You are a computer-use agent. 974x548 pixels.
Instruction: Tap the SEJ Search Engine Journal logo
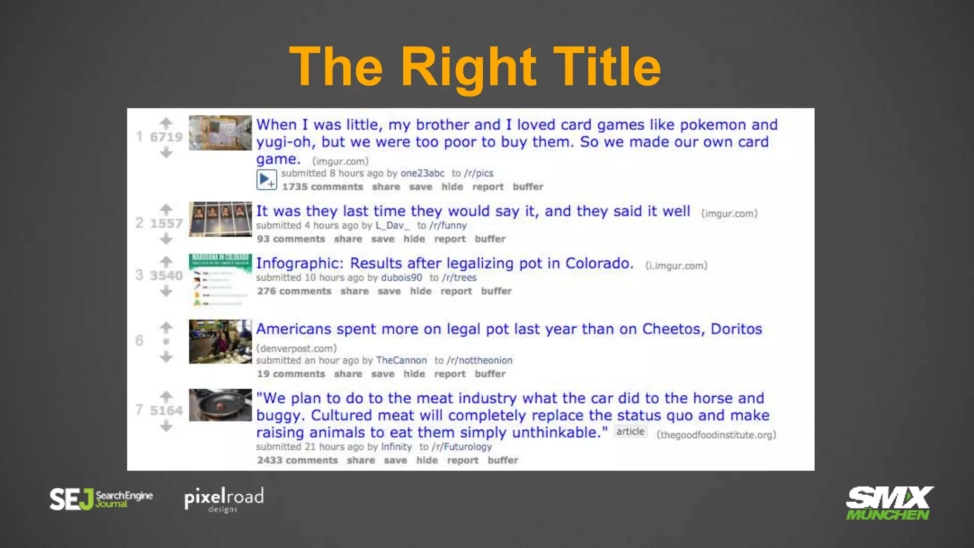point(101,499)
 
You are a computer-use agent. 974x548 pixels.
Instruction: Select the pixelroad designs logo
point(224,499)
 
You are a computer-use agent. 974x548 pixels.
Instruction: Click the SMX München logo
point(889,503)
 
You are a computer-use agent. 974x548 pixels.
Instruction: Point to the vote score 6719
point(166,137)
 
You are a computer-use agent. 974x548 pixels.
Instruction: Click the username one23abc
point(422,173)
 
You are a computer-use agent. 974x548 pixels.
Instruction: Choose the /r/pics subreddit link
point(478,173)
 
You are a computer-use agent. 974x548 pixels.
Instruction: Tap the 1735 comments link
point(322,187)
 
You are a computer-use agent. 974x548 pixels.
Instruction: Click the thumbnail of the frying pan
point(220,405)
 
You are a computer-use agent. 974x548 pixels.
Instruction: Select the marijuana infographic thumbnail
point(220,280)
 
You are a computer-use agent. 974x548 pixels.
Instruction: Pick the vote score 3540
point(166,275)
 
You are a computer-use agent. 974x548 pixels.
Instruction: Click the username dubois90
point(401,277)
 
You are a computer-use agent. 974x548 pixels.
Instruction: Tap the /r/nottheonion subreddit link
point(479,360)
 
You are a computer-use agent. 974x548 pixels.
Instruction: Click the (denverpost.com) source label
point(296,348)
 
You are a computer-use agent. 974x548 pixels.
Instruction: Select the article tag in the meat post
point(630,431)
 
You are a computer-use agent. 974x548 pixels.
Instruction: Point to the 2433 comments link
point(297,460)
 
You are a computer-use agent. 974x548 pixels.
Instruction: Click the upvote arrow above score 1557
point(166,209)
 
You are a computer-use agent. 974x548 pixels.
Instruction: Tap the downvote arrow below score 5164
point(166,427)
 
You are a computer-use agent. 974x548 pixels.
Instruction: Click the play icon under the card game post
point(266,180)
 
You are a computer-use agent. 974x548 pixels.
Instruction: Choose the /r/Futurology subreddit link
point(461,447)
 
